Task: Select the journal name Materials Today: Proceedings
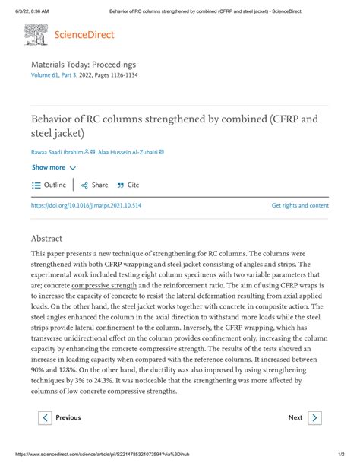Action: pos(84,67)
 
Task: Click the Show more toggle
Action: pos(53,167)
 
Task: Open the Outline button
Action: pos(49,185)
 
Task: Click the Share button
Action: pos(95,185)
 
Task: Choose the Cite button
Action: pos(128,185)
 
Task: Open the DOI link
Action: pos(86,205)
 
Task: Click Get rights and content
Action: pos(299,205)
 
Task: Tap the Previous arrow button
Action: pos(46,417)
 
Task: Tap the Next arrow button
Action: pos(314,417)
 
